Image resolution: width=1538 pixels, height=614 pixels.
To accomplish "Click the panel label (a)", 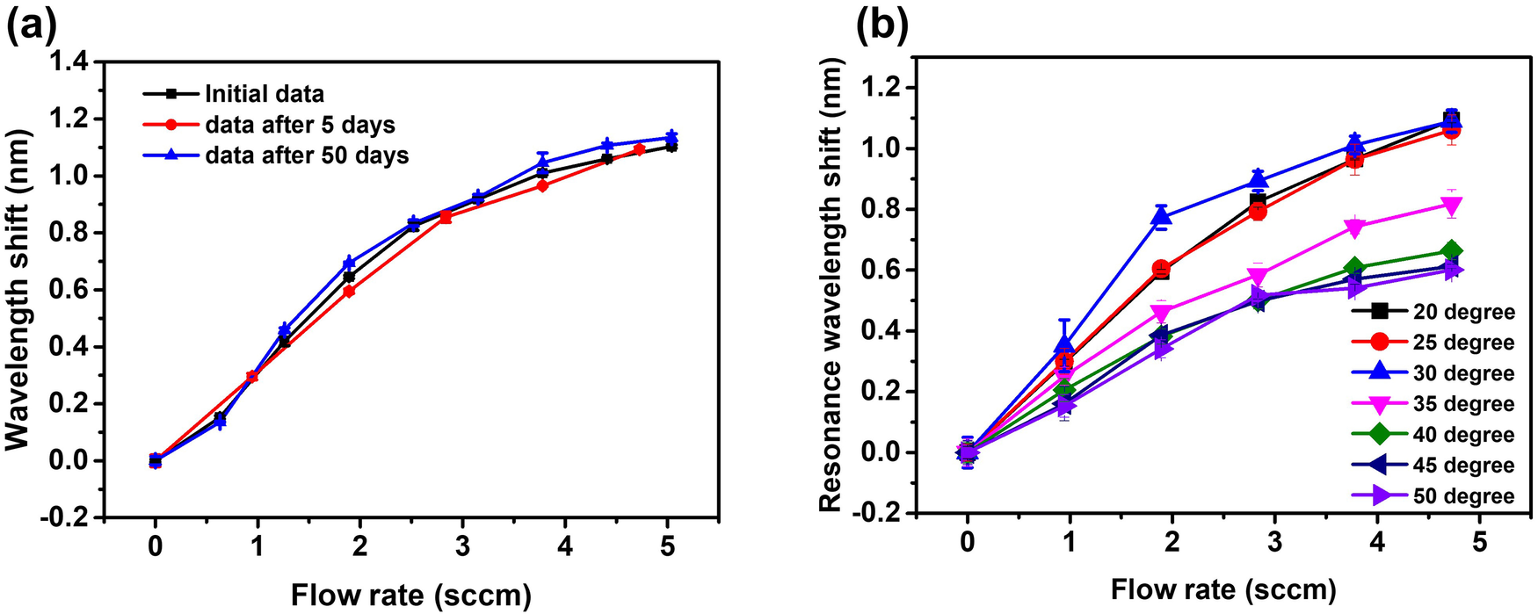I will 33,26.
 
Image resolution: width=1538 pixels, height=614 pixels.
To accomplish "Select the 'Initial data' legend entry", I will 264,94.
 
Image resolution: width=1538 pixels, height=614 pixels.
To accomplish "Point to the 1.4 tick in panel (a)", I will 74,61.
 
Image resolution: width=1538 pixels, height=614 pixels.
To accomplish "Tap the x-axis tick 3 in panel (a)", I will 462,547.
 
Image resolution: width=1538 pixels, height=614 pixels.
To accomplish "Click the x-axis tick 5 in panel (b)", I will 1479,542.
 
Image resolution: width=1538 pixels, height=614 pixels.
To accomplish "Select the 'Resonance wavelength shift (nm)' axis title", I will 831,285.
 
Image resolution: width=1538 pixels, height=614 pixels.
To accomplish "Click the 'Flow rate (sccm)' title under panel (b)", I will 1222,589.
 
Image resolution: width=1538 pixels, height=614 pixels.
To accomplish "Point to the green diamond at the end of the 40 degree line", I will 1451,252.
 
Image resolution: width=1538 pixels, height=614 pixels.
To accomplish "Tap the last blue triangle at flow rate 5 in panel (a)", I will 671,137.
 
